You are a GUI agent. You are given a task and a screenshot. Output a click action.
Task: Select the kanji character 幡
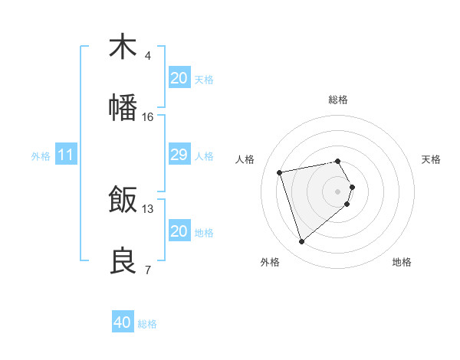coord(123,108)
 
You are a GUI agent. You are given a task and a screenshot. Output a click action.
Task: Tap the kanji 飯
coord(123,200)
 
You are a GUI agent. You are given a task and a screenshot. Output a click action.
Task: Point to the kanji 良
coord(123,261)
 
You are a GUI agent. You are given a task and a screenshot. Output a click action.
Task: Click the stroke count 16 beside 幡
coord(148,117)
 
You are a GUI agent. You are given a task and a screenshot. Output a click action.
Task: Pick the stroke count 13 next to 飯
coord(148,208)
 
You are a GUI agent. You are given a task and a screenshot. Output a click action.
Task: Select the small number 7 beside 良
coord(148,270)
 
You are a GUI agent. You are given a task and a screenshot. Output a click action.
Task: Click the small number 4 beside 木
coord(148,55)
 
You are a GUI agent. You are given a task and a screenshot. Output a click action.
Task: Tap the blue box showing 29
coord(179,155)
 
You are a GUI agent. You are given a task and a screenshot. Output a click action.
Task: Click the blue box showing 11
coord(66,155)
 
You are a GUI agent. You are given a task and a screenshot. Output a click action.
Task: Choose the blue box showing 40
coord(123,322)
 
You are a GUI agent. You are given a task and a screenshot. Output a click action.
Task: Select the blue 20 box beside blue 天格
coord(179,77)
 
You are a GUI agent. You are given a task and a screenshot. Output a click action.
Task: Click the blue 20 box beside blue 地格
coord(179,231)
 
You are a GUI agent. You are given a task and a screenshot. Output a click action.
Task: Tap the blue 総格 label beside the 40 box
coord(147,324)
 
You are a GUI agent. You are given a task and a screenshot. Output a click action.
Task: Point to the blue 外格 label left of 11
coord(41,156)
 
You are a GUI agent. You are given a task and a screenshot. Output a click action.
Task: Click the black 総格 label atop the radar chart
coord(338,100)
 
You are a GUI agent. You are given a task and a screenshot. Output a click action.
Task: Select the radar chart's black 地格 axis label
coord(402,262)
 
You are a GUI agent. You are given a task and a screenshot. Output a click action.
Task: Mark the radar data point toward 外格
coord(301,242)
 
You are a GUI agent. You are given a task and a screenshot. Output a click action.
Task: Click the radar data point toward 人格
coord(280,172)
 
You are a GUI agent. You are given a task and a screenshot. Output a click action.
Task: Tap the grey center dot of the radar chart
coord(338,191)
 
